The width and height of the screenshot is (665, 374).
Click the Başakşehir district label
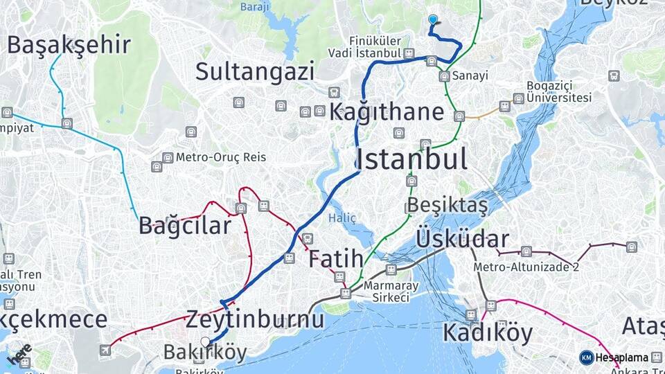click(69, 45)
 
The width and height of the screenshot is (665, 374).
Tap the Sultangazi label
click(255, 71)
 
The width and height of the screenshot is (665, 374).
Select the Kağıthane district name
click(387, 112)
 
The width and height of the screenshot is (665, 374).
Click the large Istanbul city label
click(411, 159)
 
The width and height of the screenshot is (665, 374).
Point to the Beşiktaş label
click(447, 206)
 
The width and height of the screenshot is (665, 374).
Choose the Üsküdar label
click(462, 240)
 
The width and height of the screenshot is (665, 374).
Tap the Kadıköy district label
click(488, 333)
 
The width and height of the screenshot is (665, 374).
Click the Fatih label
click(335, 260)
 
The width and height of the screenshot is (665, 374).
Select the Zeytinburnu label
click(254, 320)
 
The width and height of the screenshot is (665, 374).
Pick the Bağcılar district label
click(184, 226)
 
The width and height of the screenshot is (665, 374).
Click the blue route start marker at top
click(433, 20)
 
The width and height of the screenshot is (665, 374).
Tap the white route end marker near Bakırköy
click(205, 341)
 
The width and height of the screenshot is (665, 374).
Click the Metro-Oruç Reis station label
click(220, 157)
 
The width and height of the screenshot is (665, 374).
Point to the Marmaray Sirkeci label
click(387, 292)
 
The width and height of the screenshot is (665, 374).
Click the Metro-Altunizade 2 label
click(526, 267)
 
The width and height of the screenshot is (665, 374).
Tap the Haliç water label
click(342, 218)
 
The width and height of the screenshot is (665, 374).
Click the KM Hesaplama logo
click(614, 357)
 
